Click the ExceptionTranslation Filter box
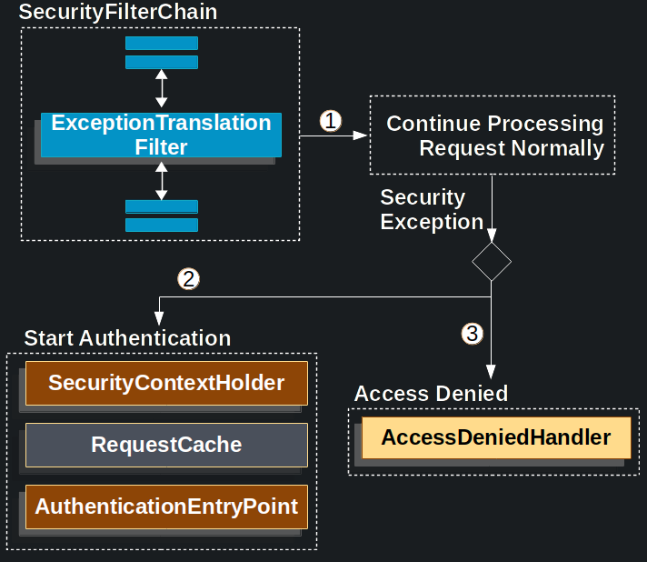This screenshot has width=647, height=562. pos(161,135)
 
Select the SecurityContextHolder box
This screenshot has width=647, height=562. pos(166,383)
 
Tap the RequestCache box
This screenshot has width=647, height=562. pos(166,445)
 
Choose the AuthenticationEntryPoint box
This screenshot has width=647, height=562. pos(166,507)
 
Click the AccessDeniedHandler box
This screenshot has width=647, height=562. pos(495,437)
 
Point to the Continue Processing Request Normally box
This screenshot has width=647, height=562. pos(492,135)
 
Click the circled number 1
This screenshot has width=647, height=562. pos(331,121)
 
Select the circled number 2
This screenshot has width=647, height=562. pos(188,279)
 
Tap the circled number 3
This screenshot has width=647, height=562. pos(471,334)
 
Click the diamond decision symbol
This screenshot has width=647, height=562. pos(492,261)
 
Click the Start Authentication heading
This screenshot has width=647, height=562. pos(127,338)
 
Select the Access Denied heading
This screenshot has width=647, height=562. pos(431,394)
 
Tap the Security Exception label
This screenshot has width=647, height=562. pos(431,210)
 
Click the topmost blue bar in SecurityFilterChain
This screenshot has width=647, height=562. pos(161,43)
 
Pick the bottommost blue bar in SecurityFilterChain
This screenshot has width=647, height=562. pos(161,225)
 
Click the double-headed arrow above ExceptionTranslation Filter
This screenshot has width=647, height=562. pos(161,88)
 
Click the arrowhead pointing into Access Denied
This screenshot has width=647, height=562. pos(492,371)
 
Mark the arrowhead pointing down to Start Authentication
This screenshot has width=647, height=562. pos(160,317)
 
